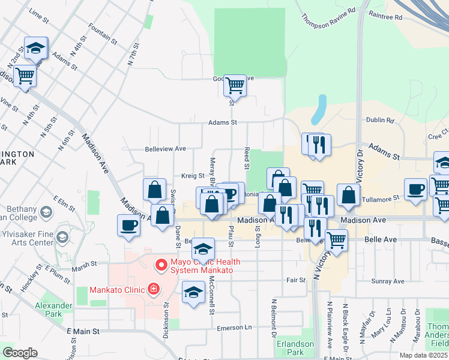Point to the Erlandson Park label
(295, 348)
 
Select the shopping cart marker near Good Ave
(235, 86)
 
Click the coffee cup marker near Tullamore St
(415, 190)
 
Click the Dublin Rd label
(380, 120)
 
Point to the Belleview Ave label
(165, 148)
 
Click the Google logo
(20, 353)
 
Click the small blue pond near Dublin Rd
(319, 109)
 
